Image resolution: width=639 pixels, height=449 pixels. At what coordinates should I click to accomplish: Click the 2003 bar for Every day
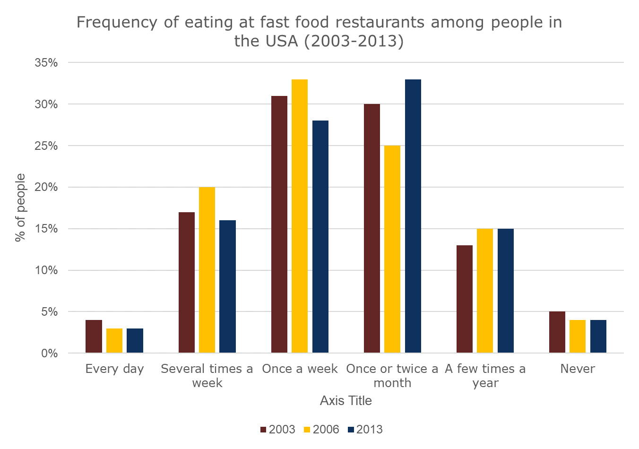[x=94, y=337]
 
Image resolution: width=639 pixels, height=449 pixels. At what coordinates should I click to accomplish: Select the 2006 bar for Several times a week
[x=207, y=270]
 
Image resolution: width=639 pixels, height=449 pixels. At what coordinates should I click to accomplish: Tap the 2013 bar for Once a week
[x=320, y=237]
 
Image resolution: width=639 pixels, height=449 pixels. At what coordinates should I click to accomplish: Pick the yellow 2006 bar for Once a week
[x=300, y=216]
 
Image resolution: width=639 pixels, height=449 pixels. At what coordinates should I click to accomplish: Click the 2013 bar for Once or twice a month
[x=413, y=216]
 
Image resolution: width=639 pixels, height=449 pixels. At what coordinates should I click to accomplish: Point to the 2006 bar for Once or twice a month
[x=392, y=249]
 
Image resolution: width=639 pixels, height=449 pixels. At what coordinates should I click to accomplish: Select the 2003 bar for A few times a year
[x=465, y=299]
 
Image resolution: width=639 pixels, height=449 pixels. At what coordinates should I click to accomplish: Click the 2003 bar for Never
[x=557, y=332]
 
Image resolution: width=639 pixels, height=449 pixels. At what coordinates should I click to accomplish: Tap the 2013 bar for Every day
[x=135, y=341]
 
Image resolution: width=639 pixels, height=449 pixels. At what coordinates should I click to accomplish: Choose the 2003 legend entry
[x=277, y=430]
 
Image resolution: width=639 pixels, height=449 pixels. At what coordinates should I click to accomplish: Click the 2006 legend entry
[x=321, y=430]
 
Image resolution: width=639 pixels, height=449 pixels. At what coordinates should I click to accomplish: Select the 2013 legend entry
[x=365, y=430]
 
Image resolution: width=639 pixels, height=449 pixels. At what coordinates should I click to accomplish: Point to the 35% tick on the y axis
[x=46, y=63]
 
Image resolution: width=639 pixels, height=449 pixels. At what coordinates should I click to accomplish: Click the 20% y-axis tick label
[x=46, y=188]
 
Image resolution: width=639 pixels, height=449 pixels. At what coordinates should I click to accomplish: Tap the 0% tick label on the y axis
[x=49, y=354]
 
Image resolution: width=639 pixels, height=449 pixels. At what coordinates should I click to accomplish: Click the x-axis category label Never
[x=578, y=369]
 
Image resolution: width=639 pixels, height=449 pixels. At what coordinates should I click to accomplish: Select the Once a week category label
[x=300, y=369]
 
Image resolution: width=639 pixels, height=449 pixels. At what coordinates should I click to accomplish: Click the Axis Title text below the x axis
[x=345, y=401]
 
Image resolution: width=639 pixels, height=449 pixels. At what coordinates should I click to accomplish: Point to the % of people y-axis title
[x=20, y=208]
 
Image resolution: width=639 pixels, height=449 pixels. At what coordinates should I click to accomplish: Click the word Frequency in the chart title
[x=116, y=23]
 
